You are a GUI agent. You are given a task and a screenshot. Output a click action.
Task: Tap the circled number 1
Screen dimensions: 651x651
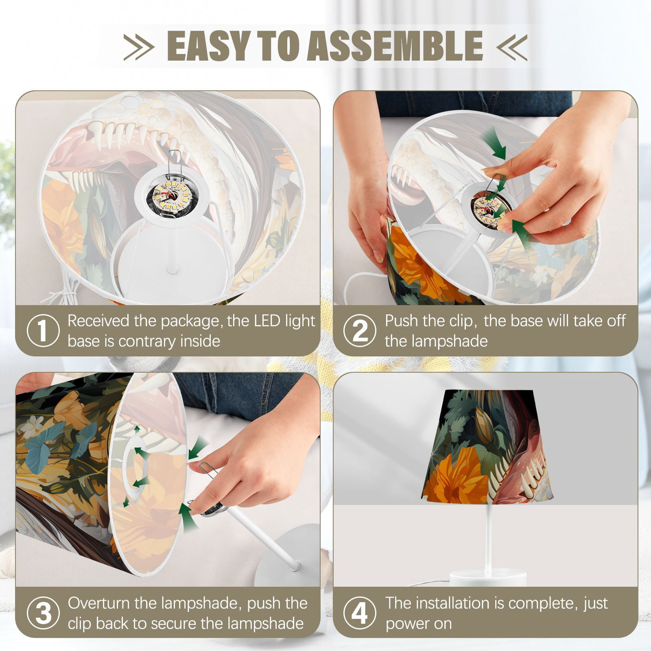pos(43,331)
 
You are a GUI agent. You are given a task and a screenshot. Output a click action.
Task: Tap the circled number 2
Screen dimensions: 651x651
pos(360,331)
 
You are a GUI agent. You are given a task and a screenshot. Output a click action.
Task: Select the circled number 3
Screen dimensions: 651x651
pos(43,614)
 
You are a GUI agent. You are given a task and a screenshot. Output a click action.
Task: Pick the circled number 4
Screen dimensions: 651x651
pos(360,614)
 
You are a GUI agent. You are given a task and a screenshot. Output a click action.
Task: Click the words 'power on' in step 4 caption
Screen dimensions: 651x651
pos(419,624)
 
